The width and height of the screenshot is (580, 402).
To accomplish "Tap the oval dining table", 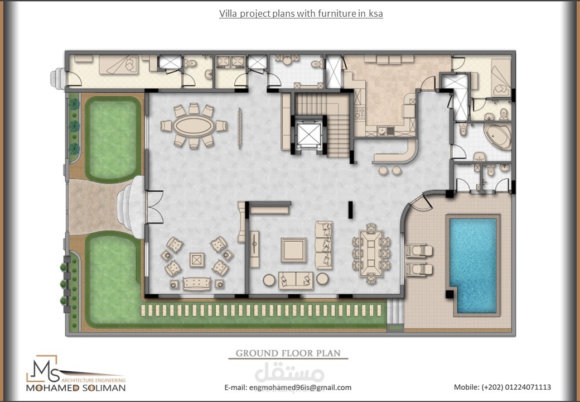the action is point(194,126).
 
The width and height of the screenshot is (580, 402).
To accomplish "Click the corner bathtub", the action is point(498,136).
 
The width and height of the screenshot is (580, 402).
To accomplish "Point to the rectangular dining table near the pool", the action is point(371,254).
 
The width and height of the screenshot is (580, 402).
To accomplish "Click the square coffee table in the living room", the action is point(293,250).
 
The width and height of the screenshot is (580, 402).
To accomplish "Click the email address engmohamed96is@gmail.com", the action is point(300,387).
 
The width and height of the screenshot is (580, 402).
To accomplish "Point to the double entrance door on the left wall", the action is point(155,207).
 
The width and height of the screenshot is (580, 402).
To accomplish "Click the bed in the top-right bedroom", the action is point(501,78).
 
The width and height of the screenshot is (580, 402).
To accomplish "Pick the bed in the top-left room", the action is point(118,64).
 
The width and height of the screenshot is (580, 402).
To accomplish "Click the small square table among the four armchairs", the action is point(197,260).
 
